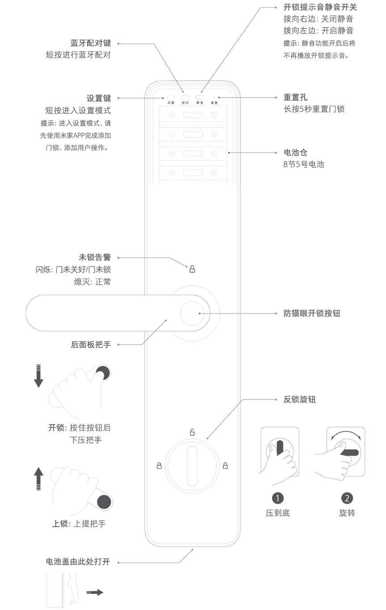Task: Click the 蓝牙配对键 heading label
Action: [x=91, y=43]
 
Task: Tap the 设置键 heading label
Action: [x=99, y=98]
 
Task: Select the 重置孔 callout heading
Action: [x=296, y=97]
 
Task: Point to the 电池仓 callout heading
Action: [x=296, y=153]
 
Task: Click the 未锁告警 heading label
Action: [x=95, y=258]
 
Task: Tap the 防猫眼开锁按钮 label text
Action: [x=312, y=314]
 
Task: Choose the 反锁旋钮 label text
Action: [x=300, y=399]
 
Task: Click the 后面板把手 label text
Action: [x=91, y=344]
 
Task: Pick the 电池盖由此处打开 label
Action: [x=78, y=562]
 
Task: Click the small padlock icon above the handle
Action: [x=192, y=269]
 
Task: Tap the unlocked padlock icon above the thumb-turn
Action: [x=192, y=433]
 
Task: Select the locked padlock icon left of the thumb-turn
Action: [x=159, y=466]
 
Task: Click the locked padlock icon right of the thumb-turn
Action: [x=225, y=466]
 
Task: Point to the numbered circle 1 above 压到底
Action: [x=278, y=498]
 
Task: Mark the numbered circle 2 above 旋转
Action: [x=347, y=498]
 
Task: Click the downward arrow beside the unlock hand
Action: [x=38, y=376]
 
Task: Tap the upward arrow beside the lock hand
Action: [x=39, y=478]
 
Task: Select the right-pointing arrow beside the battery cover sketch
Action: [x=95, y=593]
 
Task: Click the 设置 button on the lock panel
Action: [x=171, y=97]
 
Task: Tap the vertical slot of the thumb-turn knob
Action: [x=192, y=466]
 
